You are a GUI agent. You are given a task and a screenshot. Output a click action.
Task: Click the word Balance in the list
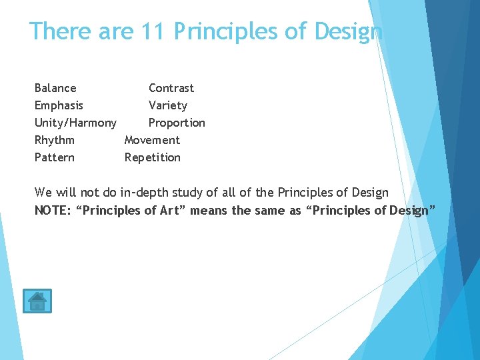click(x=55, y=88)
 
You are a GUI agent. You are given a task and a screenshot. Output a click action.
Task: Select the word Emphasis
click(x=59, y=105)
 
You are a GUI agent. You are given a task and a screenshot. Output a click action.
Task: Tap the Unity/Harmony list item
click(x=75, y=123)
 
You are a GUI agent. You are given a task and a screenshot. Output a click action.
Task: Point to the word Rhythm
click(x=54, y=140)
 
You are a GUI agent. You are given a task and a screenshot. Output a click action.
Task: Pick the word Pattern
click(x=54, y=157)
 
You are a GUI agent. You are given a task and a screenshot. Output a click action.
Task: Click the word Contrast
click(x=171, y=88)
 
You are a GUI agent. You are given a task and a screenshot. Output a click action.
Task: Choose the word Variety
click(x=168, y=105)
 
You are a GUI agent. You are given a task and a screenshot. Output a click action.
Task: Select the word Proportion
click(x=177, y=123)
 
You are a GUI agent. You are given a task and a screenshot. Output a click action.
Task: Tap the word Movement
click(x=152, y=140)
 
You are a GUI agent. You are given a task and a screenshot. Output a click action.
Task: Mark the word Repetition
click(x=153, y=157)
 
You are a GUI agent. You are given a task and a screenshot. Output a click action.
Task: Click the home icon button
click(x=37, y=301)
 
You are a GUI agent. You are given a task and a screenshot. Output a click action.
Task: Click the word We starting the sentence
click(x=43, y=193)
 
